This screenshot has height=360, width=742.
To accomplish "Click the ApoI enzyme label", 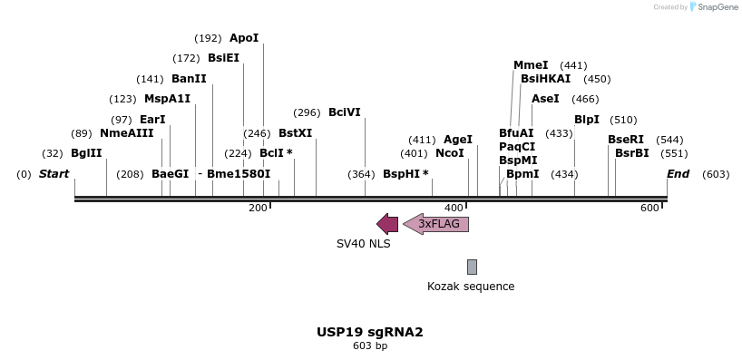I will pyautogui.click(x=244, y=38).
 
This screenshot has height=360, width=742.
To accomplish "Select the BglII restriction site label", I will pyautogui.click(x=86, y=153).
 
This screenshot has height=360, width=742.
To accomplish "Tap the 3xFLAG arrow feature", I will pyautogui.click(x=437, y=224).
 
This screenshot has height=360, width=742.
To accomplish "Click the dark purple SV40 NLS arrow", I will pyautogui.click(x=387, y=224).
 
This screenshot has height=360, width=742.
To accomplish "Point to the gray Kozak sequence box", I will pyautogui.click(x=472, y=267).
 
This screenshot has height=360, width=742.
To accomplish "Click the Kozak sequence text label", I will pyautogui.click(x=471, y=287).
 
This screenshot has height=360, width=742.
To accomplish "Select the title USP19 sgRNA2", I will pyautogui.click(x=370, y=332).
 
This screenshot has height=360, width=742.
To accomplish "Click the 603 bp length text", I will pyautogui.click(x=370, y=345).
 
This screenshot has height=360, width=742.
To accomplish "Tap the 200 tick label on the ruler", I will pyautogui.click(x=258, y=209).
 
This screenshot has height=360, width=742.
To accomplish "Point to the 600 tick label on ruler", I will pyautogui.click(x=649, y=209).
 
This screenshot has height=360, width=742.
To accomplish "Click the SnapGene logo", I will pyautogui.click(x=714, y=7).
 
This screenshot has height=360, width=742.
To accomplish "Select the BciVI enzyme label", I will pyautogui.click(x=345, y=112).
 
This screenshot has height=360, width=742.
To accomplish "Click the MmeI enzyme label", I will pyautogui.click(x=531, y=65).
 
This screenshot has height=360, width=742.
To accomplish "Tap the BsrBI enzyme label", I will pyautogui.click(x=632, y=153).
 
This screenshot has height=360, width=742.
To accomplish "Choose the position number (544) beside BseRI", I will pyautogui.click(x=669, y=140).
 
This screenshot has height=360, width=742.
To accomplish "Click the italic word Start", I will pyautogui.click(x=54, y=173).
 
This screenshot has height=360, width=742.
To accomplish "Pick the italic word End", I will pyautogui.click(x=678, y=173).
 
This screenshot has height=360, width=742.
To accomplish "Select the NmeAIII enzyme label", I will pyautogui.click(x=126, y=133).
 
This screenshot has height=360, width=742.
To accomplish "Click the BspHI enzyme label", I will pyautogui.click(x=401, y=173).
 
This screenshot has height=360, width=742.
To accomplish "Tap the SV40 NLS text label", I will pyautogui.click(x=363, y=244).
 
